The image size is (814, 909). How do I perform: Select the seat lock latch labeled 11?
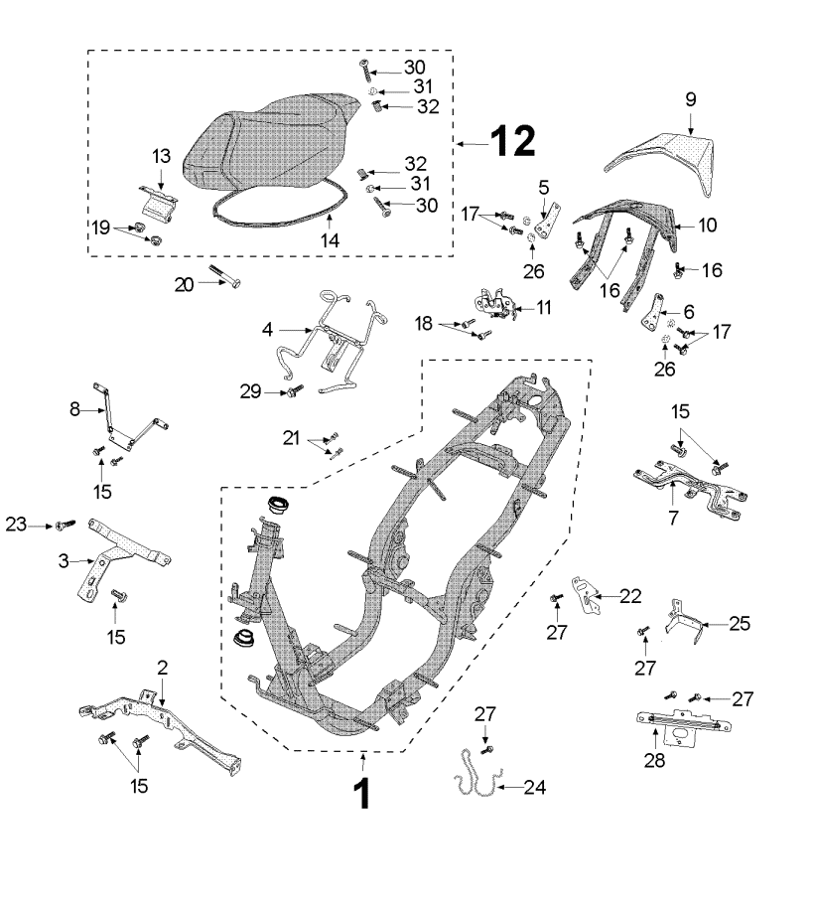pos(494,305)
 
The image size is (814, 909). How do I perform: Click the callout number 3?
pos(63,561)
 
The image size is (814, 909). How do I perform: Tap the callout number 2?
pos(163,670)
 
